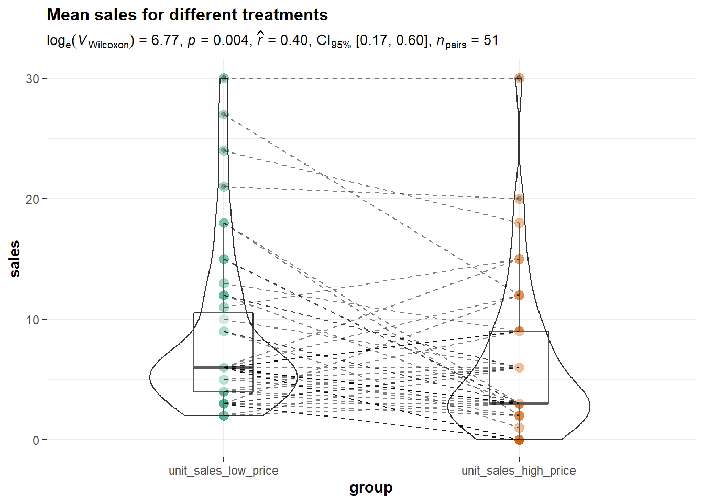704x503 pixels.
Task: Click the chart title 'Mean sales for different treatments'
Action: pyautogui.click(x=187, y=15)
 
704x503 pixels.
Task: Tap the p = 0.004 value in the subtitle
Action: pyautogui.click(x=218, y=40)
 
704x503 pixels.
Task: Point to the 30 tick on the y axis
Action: pyautogui.click(x=32, y=79)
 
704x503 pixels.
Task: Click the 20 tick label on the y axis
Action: pyautogui.click(x=32, y=199)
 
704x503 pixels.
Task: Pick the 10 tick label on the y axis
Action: pyautogui.click(x=32, y=320)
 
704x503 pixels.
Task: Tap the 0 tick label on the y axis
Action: pyautogui.click(x=36, y=440)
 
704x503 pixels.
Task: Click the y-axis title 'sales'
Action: pyautogui.click(x=15, y=259)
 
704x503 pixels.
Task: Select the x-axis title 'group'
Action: pyautogui.click(x=371, y=488)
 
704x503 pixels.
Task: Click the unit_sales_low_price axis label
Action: pyautogui.click(x=224, y=471)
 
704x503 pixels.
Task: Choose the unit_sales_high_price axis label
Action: pyautogui.click(x=519, y=471)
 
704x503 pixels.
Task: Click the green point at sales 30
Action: pyautogui.click(x=224, y=78)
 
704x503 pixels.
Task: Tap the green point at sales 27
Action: pyautogui.click(x=224, y=114)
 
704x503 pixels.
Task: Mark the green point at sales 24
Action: pyautogui.click(x=224, y=150)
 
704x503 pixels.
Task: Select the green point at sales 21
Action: pyautogui.click(x=224, y=187)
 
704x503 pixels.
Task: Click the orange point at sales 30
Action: pyautogui.click(x=519, y=78)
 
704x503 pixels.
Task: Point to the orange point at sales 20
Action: pyautogui.click(x=519, y=199)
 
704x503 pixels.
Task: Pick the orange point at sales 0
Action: pyautogui.click(x=519, y=440)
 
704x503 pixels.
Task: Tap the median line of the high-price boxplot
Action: pyautogui.click(x=534, y=403)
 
